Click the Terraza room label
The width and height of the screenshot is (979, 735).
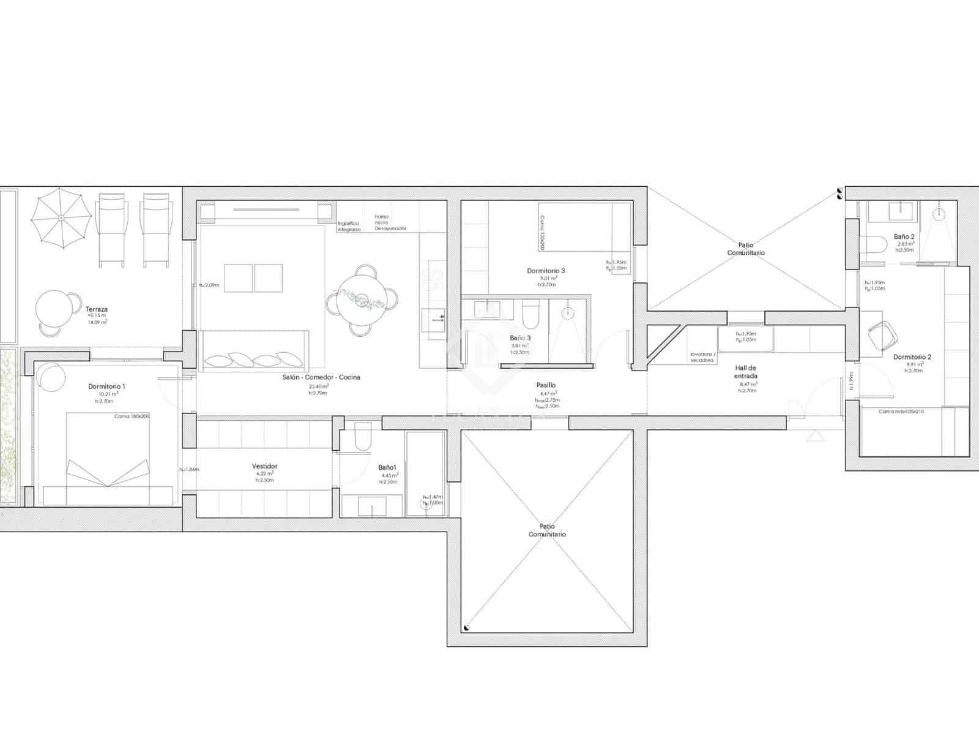97,309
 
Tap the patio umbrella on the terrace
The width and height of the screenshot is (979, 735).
61,218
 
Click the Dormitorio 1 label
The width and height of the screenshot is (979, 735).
106,386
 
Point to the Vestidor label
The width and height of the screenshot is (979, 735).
264,466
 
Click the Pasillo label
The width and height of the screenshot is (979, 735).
546,385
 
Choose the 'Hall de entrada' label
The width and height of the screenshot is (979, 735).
746,372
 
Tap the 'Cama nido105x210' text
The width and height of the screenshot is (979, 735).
901,412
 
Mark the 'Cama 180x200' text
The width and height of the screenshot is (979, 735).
132,416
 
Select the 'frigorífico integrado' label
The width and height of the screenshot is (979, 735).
349,227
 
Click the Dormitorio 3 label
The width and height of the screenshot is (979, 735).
546,270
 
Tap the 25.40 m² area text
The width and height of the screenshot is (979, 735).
318,386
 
